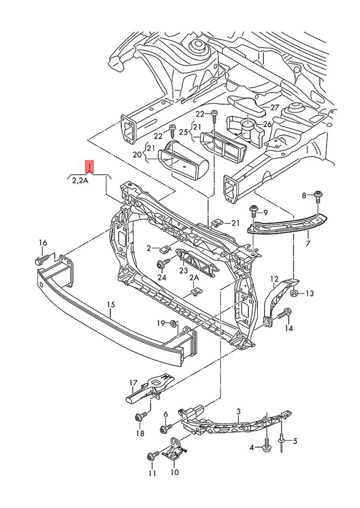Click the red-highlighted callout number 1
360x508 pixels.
[90, 167]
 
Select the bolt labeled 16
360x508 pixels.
[41, 260]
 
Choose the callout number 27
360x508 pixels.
[274, 107]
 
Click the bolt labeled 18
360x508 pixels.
[141, 418]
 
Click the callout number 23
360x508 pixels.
[184, 270]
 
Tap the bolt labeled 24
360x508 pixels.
[162, 264]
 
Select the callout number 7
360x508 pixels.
[308, 244]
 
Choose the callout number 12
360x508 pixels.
[274, 279]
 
